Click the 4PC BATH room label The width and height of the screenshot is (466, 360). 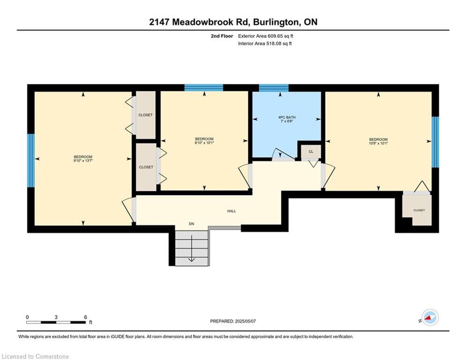coord(287,117)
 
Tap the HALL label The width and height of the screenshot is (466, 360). coord(231,211)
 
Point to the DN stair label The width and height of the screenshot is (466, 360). coord(192,224)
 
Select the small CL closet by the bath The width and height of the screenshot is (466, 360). coord(311,152)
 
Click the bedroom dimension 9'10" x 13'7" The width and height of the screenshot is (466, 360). coord(83,161)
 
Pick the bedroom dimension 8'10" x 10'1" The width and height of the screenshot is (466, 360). coord(204,143)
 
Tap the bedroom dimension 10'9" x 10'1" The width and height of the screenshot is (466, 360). coord(378,143)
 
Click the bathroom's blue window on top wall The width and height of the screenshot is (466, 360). coord(274,88)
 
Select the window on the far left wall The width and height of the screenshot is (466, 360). coord(31,160)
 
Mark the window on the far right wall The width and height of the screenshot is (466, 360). coord(435,142)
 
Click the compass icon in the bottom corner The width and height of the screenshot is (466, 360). coord(430,318)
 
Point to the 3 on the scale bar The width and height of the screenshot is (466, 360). coord(56,317)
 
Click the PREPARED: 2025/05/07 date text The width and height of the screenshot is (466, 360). coord(233,321)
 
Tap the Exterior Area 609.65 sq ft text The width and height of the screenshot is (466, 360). coord(266,36)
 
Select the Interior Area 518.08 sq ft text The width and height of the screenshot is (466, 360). coord(265,44)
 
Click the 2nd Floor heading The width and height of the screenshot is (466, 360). coord(222,36)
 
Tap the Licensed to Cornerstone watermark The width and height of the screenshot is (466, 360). coord(35,356)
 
